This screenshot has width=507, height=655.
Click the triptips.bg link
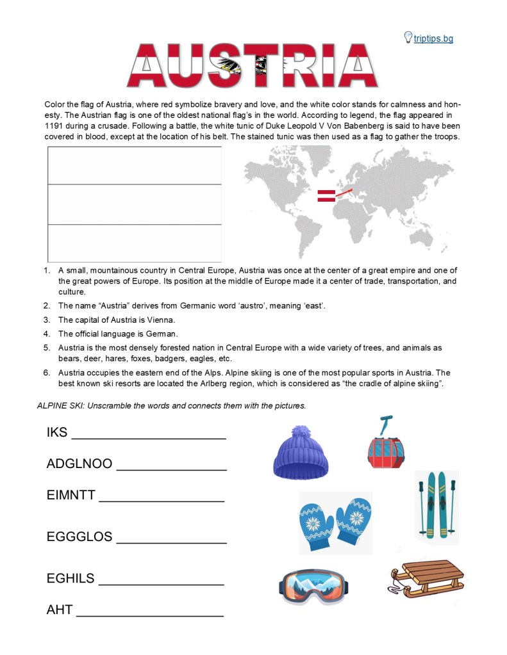pos(433,38)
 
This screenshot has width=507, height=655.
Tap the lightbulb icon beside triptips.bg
pos(408,37)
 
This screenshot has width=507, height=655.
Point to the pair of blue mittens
pos(335,521)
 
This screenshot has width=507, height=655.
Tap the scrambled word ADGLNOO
pos(79,464)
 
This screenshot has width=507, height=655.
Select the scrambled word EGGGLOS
pos(79,537)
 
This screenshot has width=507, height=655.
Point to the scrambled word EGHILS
pos(71,578)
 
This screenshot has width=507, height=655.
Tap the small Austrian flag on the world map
pos(326,196)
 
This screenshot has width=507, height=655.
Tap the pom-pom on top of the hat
pos(301,433)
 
